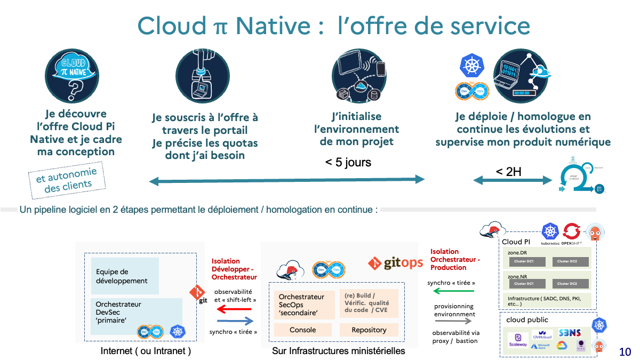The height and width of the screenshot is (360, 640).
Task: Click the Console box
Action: (x=299, y=330)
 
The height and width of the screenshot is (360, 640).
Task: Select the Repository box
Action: (x=369, y=330)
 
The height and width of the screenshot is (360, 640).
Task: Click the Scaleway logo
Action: (x=517, y=340)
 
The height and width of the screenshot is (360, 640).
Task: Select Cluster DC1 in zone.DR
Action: (x=523, y=261)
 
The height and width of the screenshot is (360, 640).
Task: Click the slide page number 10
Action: (x=625, y=352)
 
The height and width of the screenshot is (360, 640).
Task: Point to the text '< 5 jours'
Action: (x=348, y=162)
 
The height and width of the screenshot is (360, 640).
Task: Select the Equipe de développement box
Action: (x=125, y=276)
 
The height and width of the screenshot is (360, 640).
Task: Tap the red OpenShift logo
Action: (x=572, y=231)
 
